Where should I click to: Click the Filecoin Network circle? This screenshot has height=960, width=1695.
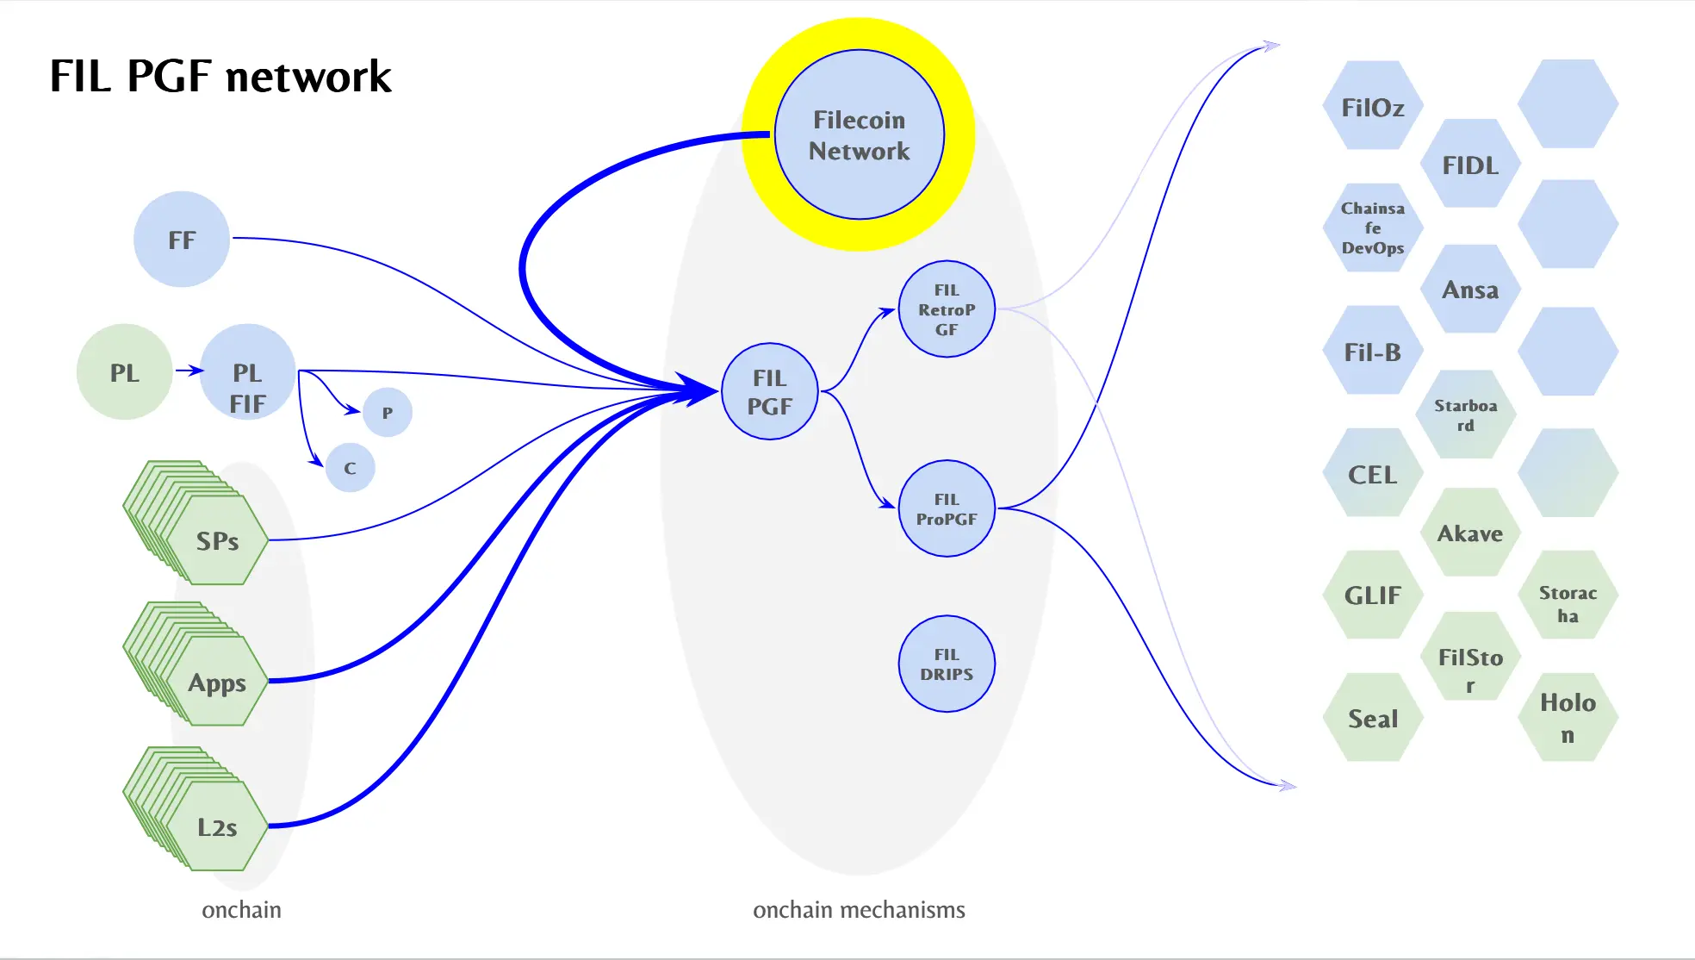tap(859, 134)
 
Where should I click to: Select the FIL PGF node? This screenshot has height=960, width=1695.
tap(769, 392)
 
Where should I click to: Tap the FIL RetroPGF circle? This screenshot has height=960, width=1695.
tap(947, 309)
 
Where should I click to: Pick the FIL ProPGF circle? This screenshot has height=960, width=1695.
tap(947, 508)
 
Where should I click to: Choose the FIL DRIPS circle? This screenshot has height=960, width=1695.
tap(947, 664)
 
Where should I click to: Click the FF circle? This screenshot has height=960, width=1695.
tap(182, 239)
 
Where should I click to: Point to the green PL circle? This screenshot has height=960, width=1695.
tap(124, 372)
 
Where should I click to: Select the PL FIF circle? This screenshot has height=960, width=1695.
tap(247, 372)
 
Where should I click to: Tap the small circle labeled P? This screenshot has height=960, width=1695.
tap(388, 413)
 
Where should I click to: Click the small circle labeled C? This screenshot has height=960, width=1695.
tap(350, 468)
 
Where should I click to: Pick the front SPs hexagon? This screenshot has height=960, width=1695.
tap(217, 540)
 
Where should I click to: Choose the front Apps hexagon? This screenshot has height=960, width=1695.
tap(217, 682)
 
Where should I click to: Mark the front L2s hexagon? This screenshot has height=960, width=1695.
tap(217, 826)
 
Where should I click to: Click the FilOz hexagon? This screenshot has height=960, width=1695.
tap(1373, 107)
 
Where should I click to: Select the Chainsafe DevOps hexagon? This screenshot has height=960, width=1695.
tap(1373, 228)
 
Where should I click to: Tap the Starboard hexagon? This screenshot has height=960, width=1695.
tap(1465, 415)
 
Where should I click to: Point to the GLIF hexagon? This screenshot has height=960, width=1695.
tap(1373, 595)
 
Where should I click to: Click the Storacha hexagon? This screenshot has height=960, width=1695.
tap(1568, 603)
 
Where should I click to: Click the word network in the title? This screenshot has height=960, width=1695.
tap(308, 76)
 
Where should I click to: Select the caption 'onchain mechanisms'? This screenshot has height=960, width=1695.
tap(859, 910)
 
